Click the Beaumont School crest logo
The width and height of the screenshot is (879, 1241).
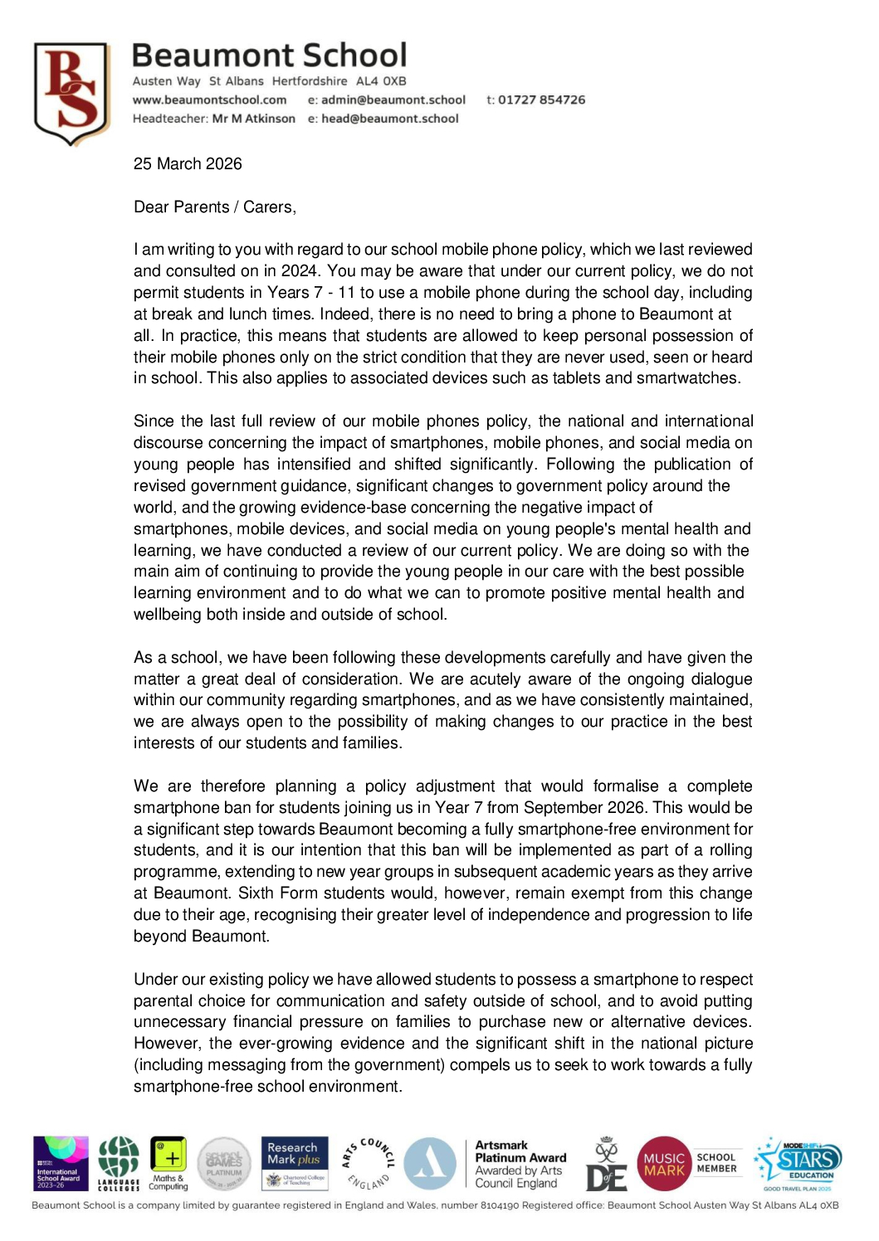click(72, 93)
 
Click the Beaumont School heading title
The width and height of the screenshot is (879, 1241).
click(269, 56)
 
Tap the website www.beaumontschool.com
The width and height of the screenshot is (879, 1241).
click(209, 100)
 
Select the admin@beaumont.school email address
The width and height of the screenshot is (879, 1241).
click(393, 100)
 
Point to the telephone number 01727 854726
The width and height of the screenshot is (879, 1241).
click(541, 100)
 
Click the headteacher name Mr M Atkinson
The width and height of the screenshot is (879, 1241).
click(253, 119)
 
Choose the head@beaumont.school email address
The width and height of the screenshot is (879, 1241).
click(389, 119)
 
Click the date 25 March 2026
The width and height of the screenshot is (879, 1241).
click(188, 163)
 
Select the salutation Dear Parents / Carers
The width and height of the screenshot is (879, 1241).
click(214, 207)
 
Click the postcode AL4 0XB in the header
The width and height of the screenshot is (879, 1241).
click(381, 81)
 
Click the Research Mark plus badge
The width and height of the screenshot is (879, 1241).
click(295, 1163)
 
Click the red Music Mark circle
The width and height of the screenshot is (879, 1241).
click(664, 1164)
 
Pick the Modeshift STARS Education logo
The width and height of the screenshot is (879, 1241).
click(798, 1163)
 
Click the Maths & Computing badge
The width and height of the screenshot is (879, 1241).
click(168, 1163)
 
